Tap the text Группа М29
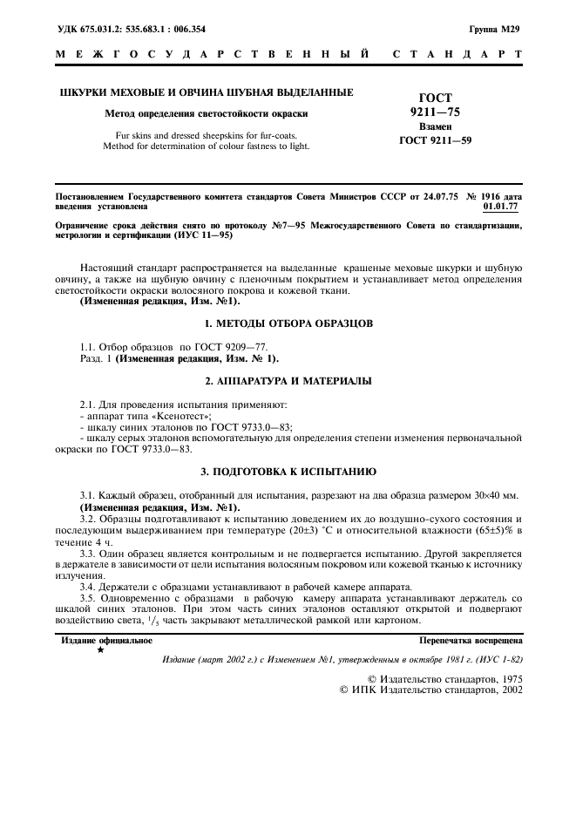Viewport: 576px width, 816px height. tap(494, 29)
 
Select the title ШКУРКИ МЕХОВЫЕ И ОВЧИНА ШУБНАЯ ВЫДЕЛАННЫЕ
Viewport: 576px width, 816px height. tap(206, 92)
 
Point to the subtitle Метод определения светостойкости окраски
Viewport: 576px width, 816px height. tap(206, 113)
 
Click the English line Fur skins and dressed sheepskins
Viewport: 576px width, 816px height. tap(206, 135)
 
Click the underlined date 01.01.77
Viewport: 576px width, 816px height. tap(501, 207)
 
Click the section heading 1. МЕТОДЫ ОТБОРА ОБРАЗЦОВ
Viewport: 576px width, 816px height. tap(288, 323)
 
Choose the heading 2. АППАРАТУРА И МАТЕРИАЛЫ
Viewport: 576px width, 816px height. tap(288, 381)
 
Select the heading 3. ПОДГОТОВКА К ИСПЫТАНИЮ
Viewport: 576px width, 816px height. tap(288, 472)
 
